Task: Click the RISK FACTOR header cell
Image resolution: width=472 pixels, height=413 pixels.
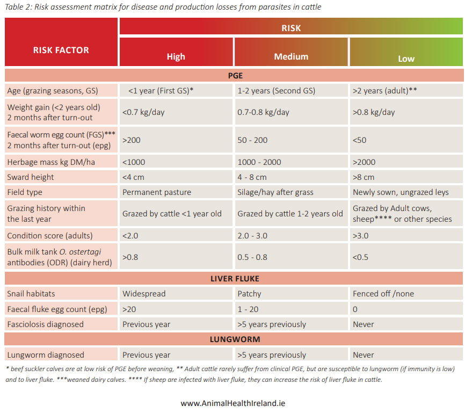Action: [x=61, y=50]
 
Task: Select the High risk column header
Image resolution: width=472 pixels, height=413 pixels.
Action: [x=176, y=56]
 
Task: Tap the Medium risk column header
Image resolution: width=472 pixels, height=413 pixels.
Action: [x=291, y=56]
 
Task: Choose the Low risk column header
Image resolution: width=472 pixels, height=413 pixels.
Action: [x=406, y=58]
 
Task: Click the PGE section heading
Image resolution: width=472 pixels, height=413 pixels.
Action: [x=234, y=76]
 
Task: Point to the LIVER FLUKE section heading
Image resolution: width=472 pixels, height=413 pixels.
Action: [x=234, y=278]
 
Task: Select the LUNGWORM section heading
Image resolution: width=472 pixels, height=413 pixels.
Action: [x=234, y=339]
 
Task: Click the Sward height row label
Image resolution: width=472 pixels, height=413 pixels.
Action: [x=31, y=177]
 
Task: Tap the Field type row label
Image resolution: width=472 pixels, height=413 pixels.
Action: [x=25, y=192]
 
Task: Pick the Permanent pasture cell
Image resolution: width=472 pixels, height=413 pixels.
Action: [x=157, y=192]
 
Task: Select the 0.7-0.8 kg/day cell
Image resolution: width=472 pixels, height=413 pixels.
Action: [x=263, y=112]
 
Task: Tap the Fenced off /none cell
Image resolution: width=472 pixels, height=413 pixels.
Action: [x=383, y=294]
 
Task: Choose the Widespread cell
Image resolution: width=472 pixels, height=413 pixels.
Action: [x=144, y=294]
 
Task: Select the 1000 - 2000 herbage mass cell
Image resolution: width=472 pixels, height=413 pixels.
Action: [x=259, y=162]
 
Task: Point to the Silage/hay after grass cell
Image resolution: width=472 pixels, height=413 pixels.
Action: [x=276, y=192]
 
